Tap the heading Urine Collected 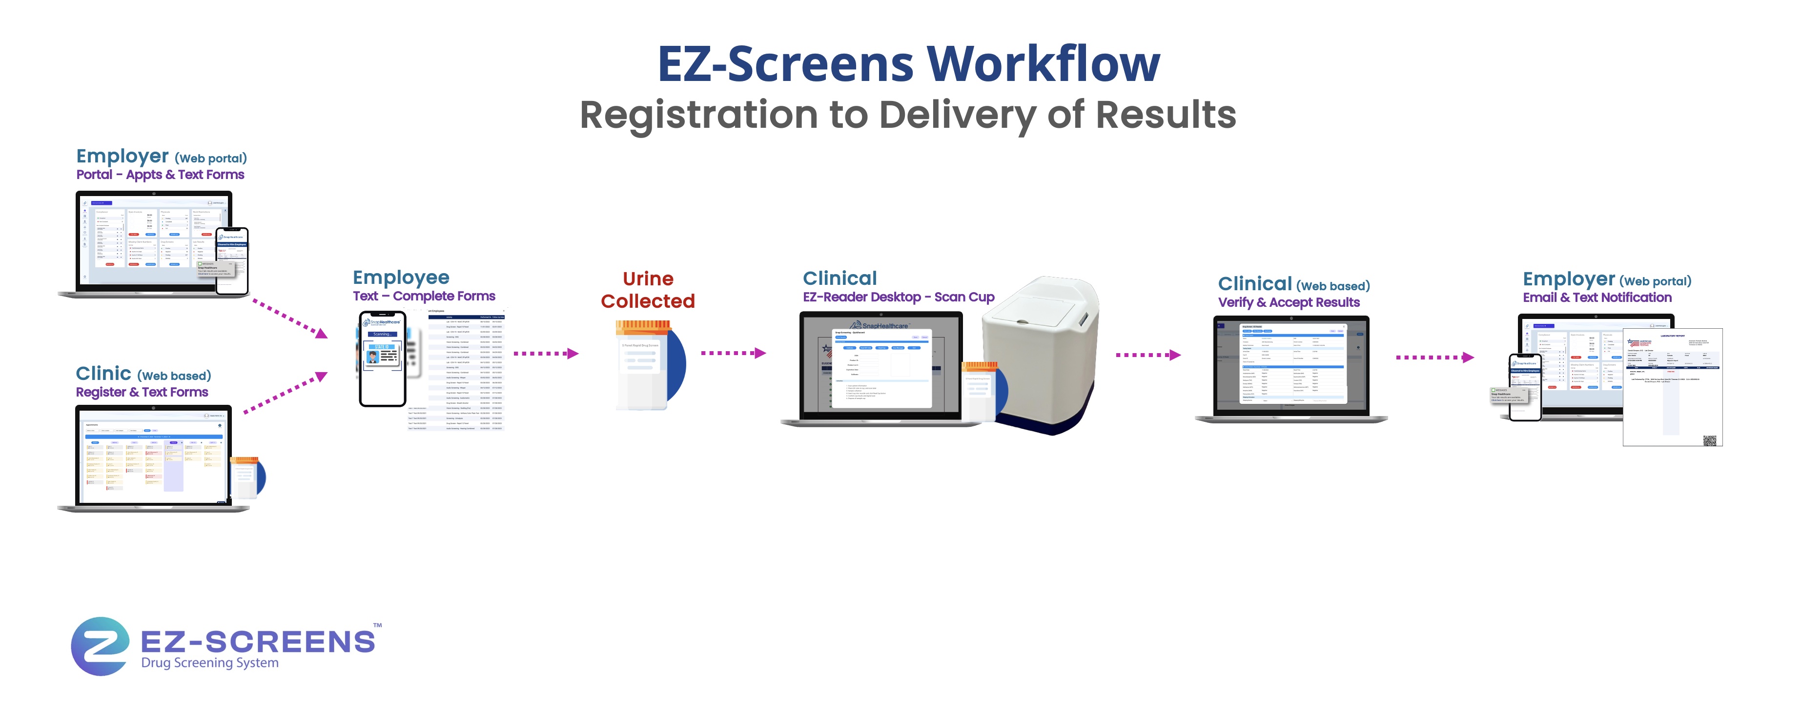click(648, 290)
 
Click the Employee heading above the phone click(401, 278)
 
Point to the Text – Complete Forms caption click(424, 297)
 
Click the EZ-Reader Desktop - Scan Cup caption click(898, 297)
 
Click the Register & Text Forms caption click(142, 392)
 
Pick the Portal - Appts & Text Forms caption click(160, 175)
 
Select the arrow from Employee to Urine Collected click(546, 354)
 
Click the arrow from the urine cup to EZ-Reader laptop click(733, 353)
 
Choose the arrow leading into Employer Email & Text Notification click(1434, 358)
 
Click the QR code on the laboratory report click(1709, 440)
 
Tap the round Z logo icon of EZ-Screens click(100, 645)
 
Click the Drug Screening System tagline click(210, 663)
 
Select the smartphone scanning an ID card click(382, 358)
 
